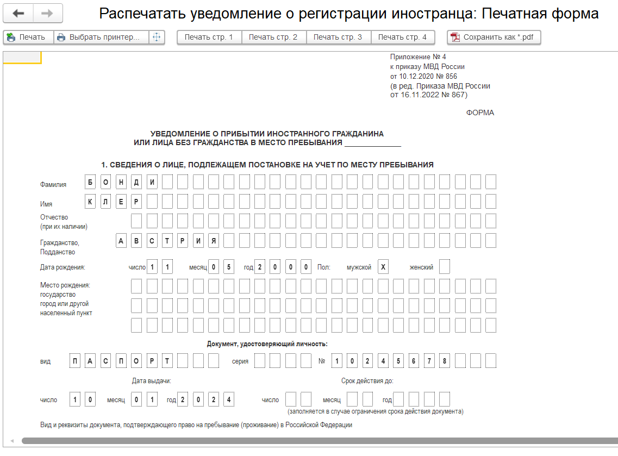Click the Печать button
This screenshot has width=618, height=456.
click(27, 38)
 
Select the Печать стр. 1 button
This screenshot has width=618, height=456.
click(209, 38)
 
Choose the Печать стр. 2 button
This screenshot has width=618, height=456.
click(273, 38)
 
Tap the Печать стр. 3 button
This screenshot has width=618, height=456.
click(338, 38)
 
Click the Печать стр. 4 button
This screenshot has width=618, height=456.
click(402, 38)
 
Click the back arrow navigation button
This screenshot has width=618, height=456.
click(18, 13)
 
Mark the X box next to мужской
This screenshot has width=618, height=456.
click(383, 267)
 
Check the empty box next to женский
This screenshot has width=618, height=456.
click(444, 267)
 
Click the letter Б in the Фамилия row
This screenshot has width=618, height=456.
click(90, 182)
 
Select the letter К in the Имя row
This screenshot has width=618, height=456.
click(90, 202)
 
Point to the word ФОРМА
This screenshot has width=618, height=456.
click(480, 113)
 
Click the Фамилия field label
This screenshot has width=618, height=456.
click(53, 185)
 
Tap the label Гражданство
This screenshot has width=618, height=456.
click(59, 243)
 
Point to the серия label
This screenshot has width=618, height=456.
click(240, 361)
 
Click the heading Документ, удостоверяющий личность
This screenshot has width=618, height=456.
click(267, 343)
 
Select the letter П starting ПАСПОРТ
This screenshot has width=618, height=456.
click(75, 361)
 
